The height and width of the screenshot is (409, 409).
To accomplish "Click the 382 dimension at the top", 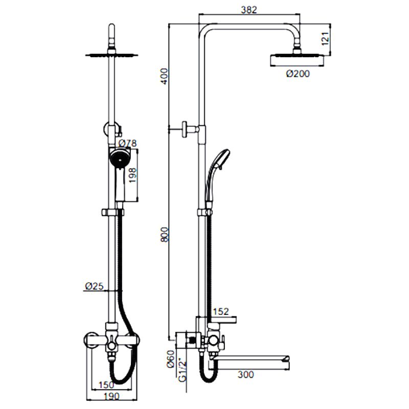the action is pos(249,10).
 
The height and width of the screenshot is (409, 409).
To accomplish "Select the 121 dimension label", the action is pos(325,39).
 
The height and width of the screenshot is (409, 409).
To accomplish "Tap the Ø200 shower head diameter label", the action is pos(298,74).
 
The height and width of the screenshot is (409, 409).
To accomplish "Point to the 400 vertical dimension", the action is pos(164,76).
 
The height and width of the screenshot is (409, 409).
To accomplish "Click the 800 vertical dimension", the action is pos(165,235).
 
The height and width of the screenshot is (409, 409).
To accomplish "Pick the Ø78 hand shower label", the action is pos(127,143).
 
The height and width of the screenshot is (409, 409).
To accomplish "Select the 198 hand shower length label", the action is pos(133,175).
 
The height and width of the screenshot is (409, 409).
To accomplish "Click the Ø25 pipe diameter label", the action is pos(94,286).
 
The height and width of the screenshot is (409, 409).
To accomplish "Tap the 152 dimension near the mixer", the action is pos(221,311).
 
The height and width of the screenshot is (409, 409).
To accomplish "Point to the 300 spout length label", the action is pos(245,375).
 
